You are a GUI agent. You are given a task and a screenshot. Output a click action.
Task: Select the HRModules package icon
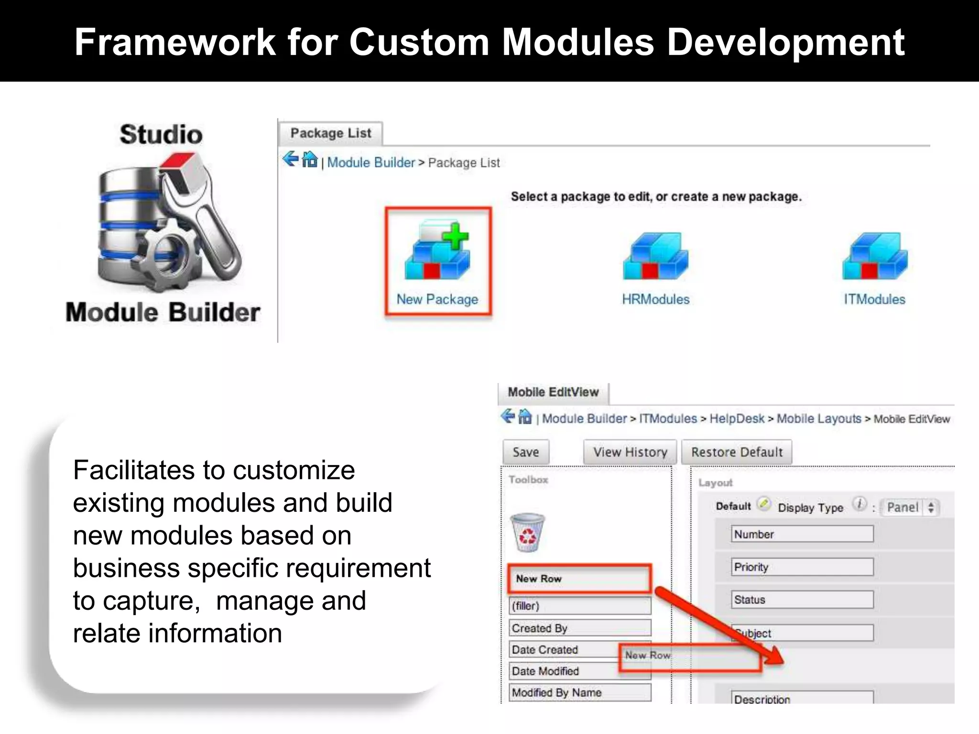click(655, 257)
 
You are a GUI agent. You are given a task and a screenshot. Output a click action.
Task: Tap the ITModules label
click(874, 300)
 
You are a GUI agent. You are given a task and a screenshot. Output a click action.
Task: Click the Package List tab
click(331, 133)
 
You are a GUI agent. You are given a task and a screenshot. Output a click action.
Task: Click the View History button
click(630, 452)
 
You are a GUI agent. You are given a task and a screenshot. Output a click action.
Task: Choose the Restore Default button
click(737, 452)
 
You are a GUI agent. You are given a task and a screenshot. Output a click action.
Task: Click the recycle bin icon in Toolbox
click(527, 532)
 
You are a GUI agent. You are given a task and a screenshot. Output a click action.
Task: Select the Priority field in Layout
click(802, 567)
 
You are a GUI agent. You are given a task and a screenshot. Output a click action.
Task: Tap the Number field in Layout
click(802, 534)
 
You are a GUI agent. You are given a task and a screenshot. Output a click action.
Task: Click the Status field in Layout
click(802, 600)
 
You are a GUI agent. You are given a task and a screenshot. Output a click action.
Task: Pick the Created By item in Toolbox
click(579, 628)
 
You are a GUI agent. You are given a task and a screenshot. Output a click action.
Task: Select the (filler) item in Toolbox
click(579, 606)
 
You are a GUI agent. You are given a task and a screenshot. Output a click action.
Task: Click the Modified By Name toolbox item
click(579, 692)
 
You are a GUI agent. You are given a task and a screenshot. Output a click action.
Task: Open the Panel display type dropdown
click(910, 507)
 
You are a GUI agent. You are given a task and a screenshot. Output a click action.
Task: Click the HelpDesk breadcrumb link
click(737, 419)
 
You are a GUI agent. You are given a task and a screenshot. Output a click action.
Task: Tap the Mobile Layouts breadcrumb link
click(818, 419)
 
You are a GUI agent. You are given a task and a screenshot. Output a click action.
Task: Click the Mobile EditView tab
click(553, 392)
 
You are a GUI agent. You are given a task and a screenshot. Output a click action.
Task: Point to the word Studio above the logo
click(161, 134)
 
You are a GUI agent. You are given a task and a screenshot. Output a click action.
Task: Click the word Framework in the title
click(175, 42)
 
